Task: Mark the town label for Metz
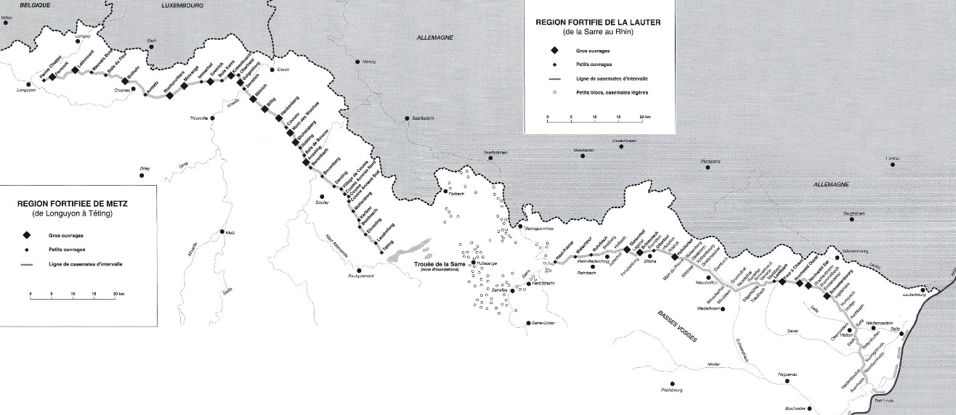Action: click(x=232, y=233)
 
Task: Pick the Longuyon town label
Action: click(x=25, y=90)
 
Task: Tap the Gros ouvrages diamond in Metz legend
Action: click(x=26, y=236)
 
